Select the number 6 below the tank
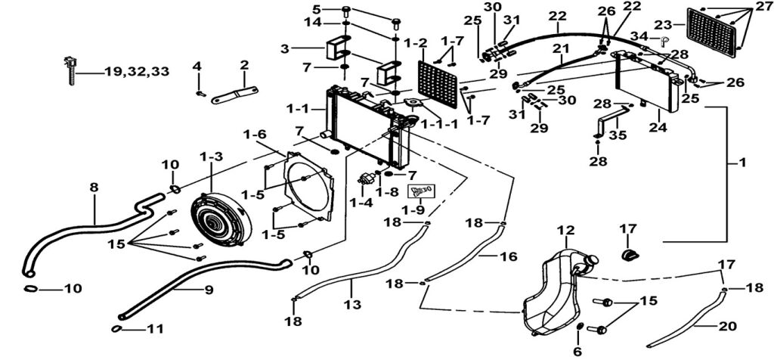pyautogui.click(x=577, y=352)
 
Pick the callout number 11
pyautogui.click(x=154, y=329)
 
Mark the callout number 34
pyautogui.click(x=639, y=36)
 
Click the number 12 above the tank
pyautogui.click(x=566, y=230)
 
